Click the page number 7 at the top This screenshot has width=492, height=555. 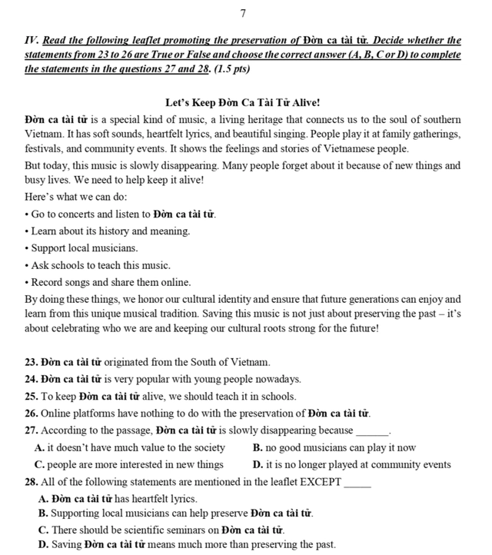click(243, 13)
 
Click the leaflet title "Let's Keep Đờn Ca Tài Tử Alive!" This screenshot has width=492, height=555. click(243, 102)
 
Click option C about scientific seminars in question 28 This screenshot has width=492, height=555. click(161, 530)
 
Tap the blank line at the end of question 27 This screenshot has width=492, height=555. click(373, 431)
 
